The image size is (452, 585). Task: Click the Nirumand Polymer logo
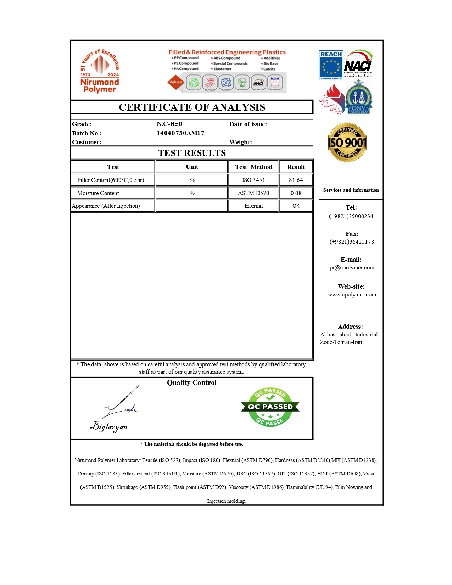(100, 71)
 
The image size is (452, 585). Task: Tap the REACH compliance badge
(331, 66)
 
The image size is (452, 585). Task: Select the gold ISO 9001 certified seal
(347, 143)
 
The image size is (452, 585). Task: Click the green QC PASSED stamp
(270, 407)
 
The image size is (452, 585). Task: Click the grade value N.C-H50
(169, 124)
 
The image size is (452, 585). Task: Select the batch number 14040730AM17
(180, 133)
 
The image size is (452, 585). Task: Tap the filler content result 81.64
(296, 180)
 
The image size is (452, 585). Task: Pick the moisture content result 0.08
(296, 193)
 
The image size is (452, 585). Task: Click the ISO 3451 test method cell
(253, 180)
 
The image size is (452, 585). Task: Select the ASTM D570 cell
(253, 193)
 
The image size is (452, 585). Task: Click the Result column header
(296, 167)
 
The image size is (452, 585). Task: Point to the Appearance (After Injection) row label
(106, 206)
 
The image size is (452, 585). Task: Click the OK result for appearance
(296, 206)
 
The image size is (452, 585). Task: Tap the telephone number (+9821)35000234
(351, 216)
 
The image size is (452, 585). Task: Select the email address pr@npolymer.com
(352, 268)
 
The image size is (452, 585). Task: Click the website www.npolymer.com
(352, 294)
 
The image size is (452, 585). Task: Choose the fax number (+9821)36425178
(352, 241)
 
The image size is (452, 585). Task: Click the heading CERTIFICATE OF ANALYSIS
(192, 107)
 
